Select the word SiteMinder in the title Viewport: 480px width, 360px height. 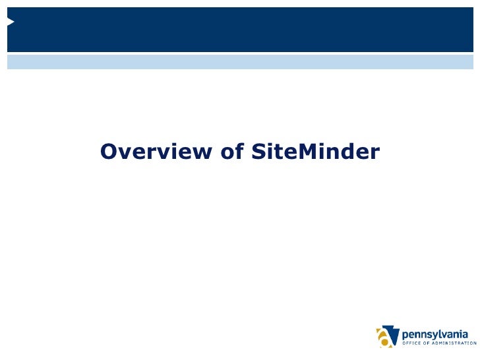[316, 152]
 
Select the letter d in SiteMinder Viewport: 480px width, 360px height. [346, 152]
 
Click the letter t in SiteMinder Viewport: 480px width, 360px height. [280, 153]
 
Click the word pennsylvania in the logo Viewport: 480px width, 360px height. [439, 333]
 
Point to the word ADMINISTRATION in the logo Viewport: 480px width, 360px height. [454, 343]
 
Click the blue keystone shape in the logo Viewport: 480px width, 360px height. [391, 331]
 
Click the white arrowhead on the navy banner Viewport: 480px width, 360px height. [11, 22]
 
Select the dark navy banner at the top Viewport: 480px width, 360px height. [240, 30]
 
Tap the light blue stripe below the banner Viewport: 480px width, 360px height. [240, 62]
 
